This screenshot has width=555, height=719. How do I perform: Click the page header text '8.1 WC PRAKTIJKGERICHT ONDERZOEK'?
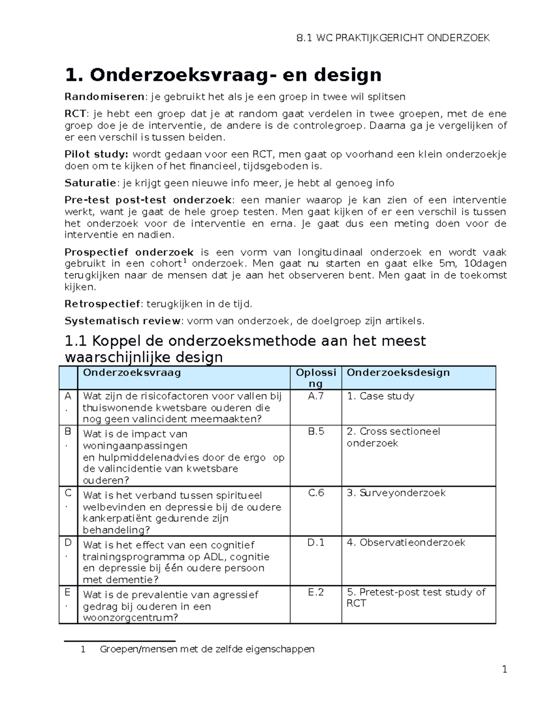coord(392,38)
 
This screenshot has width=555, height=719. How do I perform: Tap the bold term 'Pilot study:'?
coord(96,155)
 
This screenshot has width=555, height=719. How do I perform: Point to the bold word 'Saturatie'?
coord(90,183)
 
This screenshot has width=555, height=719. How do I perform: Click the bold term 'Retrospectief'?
coord(102,304)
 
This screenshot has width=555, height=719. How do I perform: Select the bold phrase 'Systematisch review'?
coord(123,321)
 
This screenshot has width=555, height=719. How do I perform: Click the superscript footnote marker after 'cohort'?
coord(185,261)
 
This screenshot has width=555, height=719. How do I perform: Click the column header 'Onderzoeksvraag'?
coord(132,373)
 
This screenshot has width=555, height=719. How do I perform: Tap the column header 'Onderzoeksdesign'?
coord(398,373)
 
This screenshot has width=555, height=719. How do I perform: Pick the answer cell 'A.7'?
coord(315,396)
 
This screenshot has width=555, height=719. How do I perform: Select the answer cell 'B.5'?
coord(316,431)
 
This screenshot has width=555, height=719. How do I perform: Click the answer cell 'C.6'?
coord(316,493)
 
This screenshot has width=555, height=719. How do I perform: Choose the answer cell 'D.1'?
coord(316,543)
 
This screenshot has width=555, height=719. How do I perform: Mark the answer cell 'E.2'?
coord(316,592)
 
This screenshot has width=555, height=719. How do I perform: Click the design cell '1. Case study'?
coord(380,396)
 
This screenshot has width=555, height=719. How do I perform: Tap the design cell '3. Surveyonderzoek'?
coord(396,493)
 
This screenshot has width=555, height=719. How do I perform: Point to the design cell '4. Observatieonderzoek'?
coord(406,543)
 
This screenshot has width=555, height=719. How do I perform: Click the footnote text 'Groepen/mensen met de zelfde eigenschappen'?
coord(207,650)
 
